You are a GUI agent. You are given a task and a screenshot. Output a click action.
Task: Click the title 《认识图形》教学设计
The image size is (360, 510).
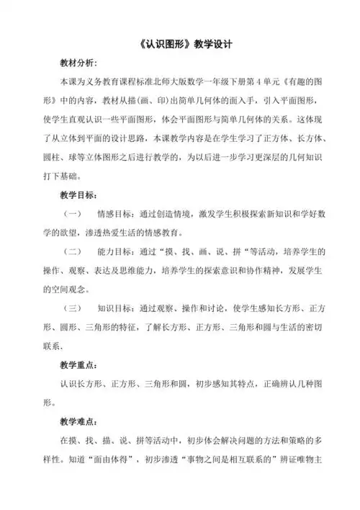tap(180, 44)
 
